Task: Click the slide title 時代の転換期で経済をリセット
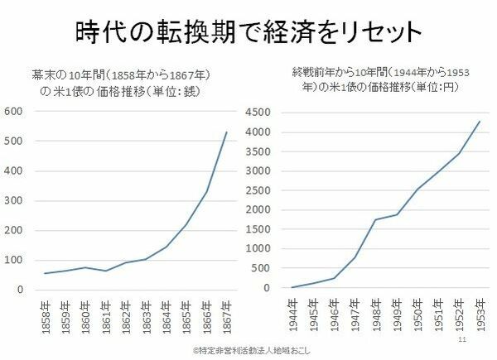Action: (248, 33)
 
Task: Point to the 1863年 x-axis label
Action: (146, 315)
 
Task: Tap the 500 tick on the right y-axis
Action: (258, 269)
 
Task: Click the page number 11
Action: (462, 339)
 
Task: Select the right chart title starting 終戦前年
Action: (377, 79)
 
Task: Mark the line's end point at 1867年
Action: (226, 132)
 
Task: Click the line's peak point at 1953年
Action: (479, 122)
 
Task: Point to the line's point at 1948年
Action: (375, 219)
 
